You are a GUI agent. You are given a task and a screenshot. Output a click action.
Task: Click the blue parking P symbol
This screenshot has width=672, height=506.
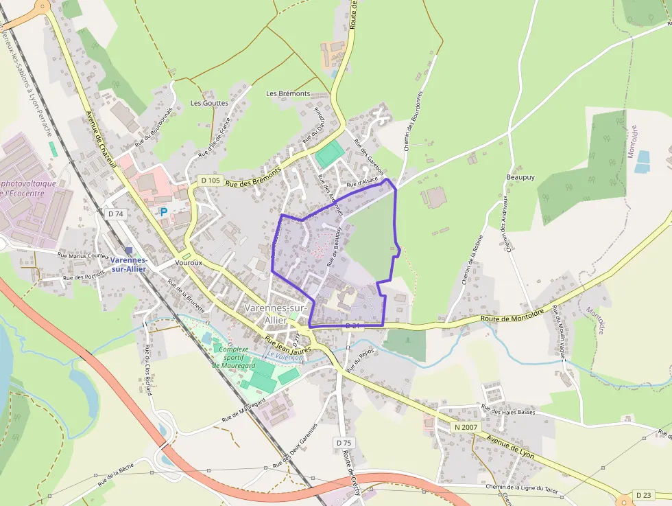click(163, 213)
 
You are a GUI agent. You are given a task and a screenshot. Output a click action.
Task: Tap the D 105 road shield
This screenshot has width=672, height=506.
click(210, 180)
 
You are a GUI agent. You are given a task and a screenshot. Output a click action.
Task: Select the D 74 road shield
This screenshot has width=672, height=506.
click(116, 214)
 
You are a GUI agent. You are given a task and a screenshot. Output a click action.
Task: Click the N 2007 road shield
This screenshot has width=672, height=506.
click(466, 427)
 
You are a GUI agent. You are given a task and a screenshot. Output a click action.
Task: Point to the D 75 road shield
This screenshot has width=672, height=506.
click(344, 443)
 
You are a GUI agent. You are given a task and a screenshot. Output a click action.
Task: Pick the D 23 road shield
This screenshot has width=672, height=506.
click(643, 494)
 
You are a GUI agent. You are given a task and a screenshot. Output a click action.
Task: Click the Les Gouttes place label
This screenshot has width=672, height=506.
click(209, 103)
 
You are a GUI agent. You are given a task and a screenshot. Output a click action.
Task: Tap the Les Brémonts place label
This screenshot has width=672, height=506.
click(288, 93)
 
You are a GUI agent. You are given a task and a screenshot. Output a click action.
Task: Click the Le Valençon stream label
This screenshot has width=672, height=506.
click(285, 356)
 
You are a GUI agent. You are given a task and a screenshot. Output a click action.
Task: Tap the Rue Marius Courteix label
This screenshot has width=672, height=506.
click(84, 255)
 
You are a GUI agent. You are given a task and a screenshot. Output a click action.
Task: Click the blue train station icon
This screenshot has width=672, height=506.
click(128, 251)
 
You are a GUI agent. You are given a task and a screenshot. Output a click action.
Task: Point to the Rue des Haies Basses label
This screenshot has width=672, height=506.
click(508, 411)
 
